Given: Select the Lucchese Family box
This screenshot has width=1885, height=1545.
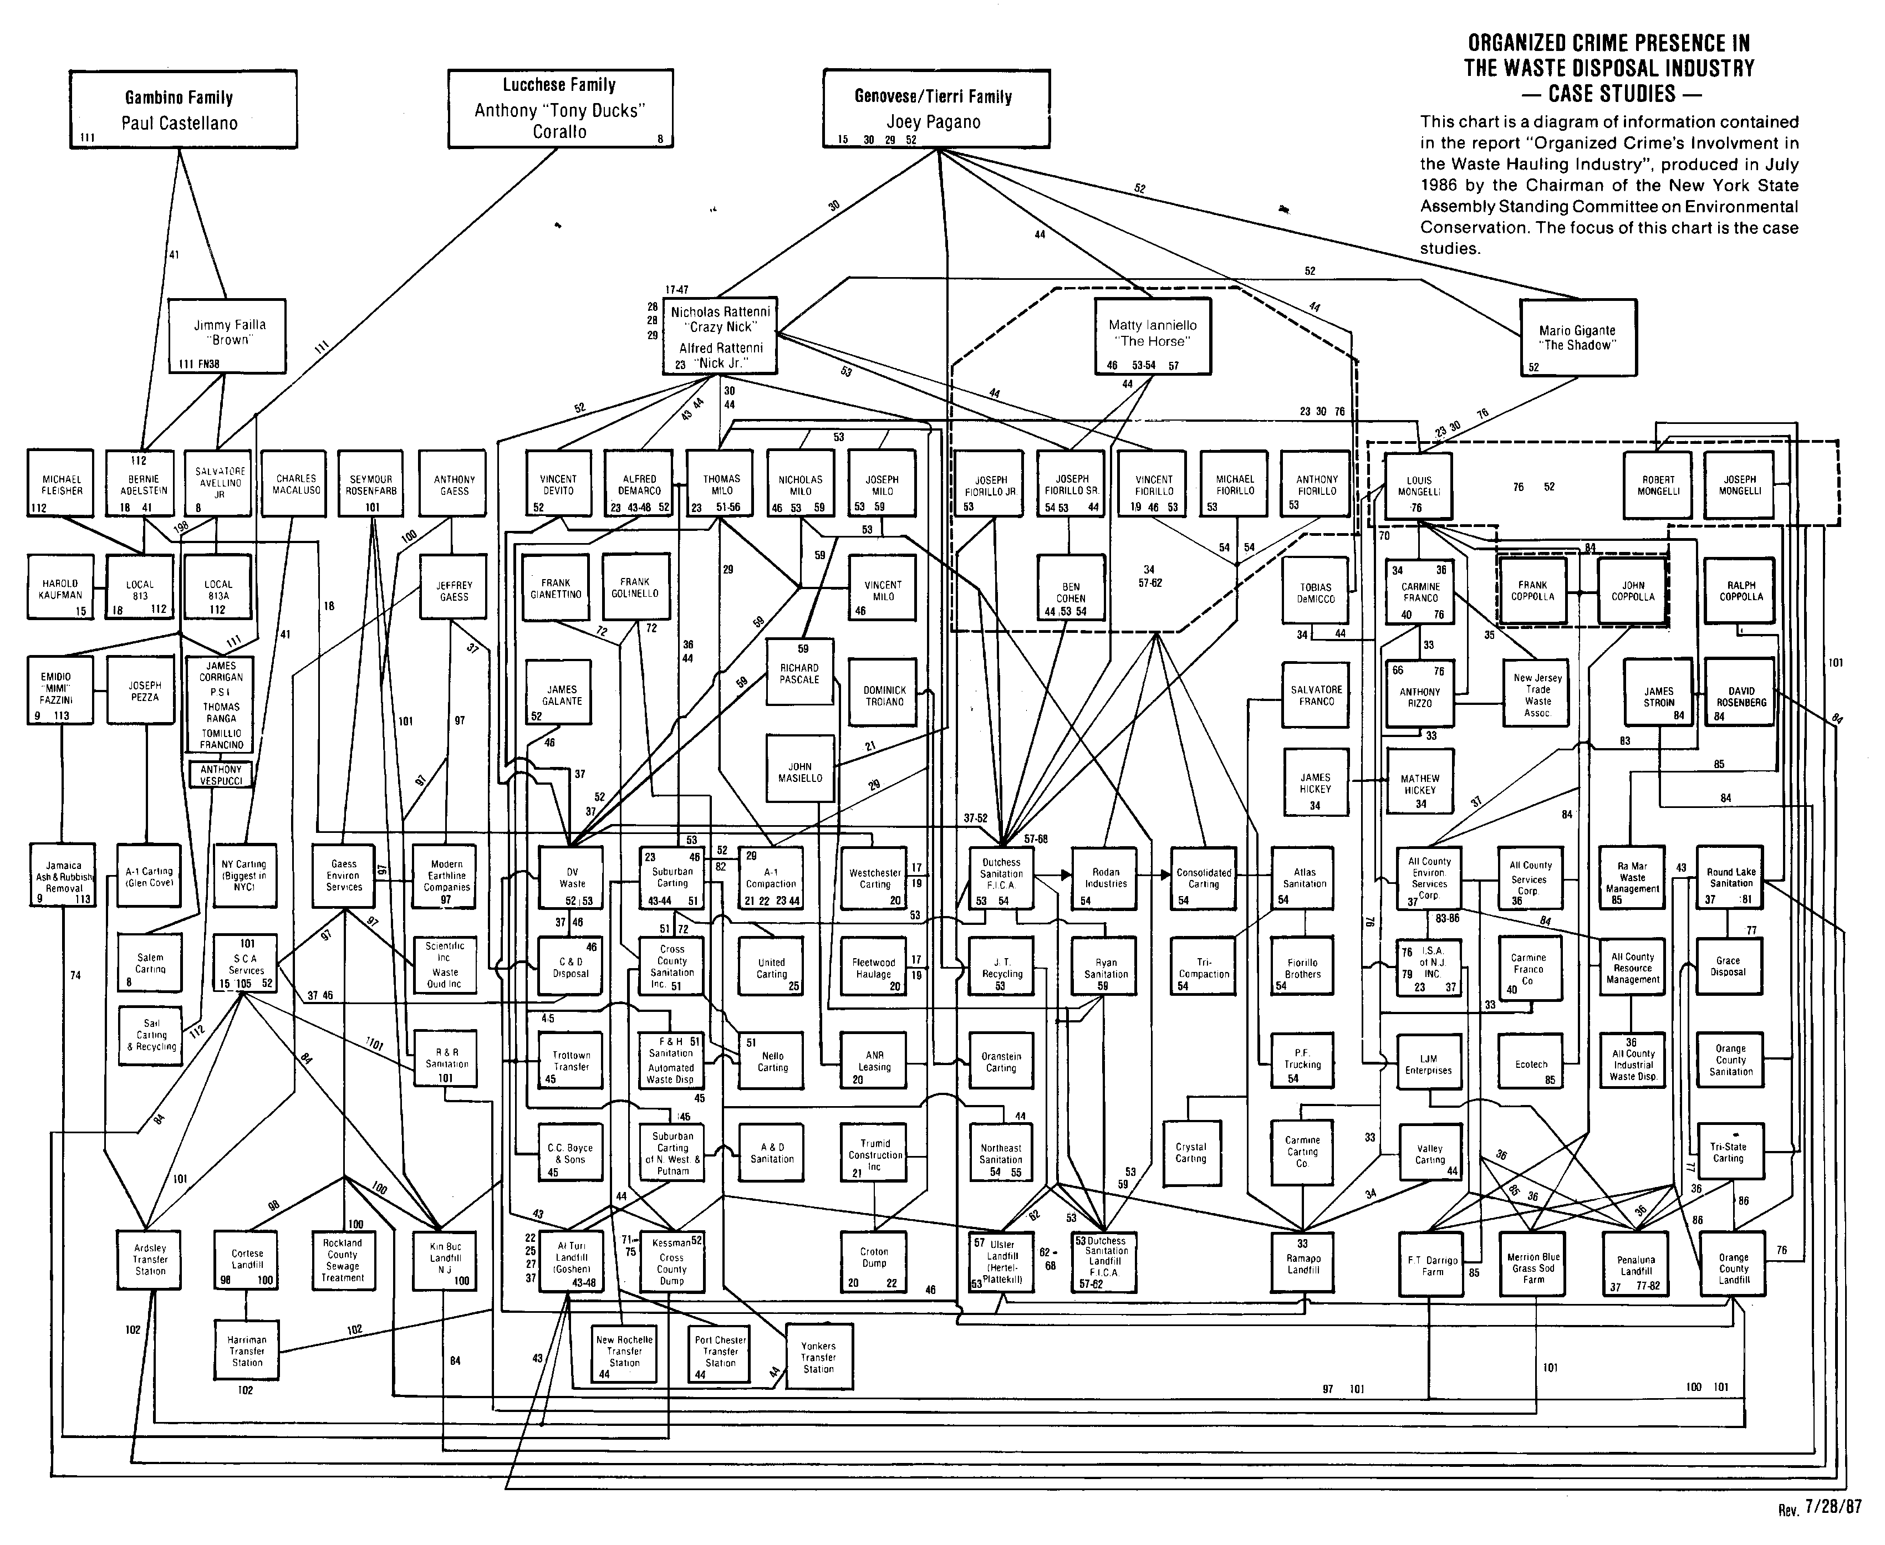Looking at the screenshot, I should point(560,108).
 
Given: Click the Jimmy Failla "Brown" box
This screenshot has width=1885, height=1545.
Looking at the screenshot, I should point(228,335).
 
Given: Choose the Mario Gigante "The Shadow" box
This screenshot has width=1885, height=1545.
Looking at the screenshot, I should point(1577,337).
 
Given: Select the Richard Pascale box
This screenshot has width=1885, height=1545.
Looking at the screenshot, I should point(799,672).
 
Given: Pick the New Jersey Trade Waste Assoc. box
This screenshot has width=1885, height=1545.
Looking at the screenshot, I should point(1537,694).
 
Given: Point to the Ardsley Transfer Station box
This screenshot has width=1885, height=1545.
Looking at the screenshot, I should point(150,1259).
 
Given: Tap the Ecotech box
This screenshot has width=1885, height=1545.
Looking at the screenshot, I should point(1531,1063).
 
